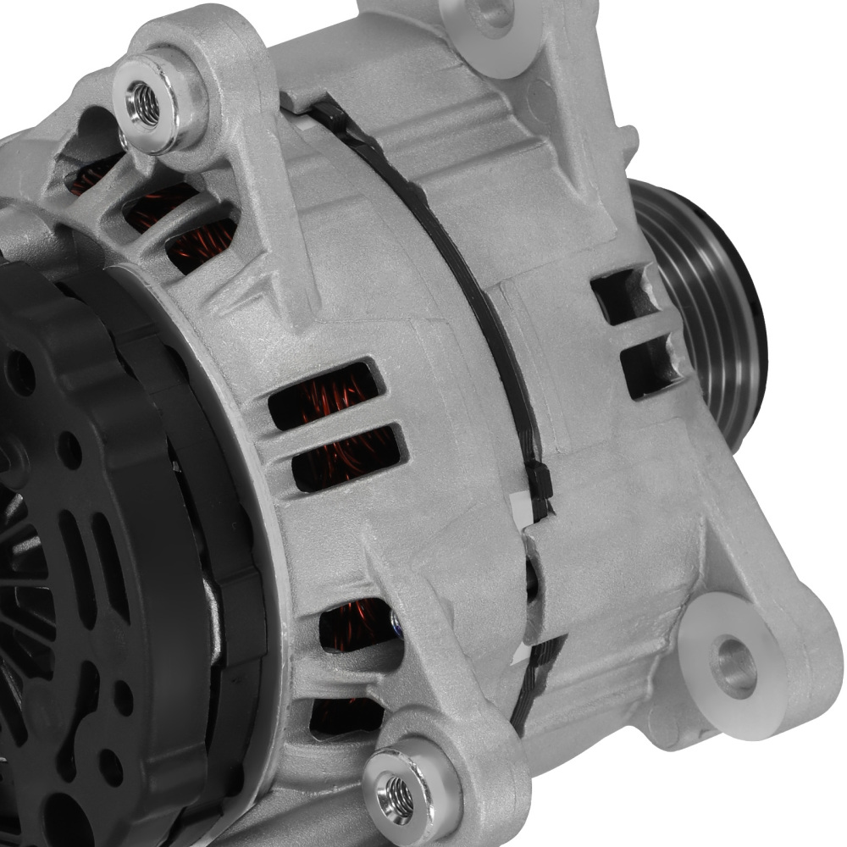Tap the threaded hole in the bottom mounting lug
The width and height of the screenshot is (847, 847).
coord(399,793)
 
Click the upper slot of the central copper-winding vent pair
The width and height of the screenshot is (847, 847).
coord(326,395)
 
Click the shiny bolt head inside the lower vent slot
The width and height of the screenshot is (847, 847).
coord(396,624)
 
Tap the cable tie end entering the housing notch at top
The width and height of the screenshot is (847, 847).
coord(322,110)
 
